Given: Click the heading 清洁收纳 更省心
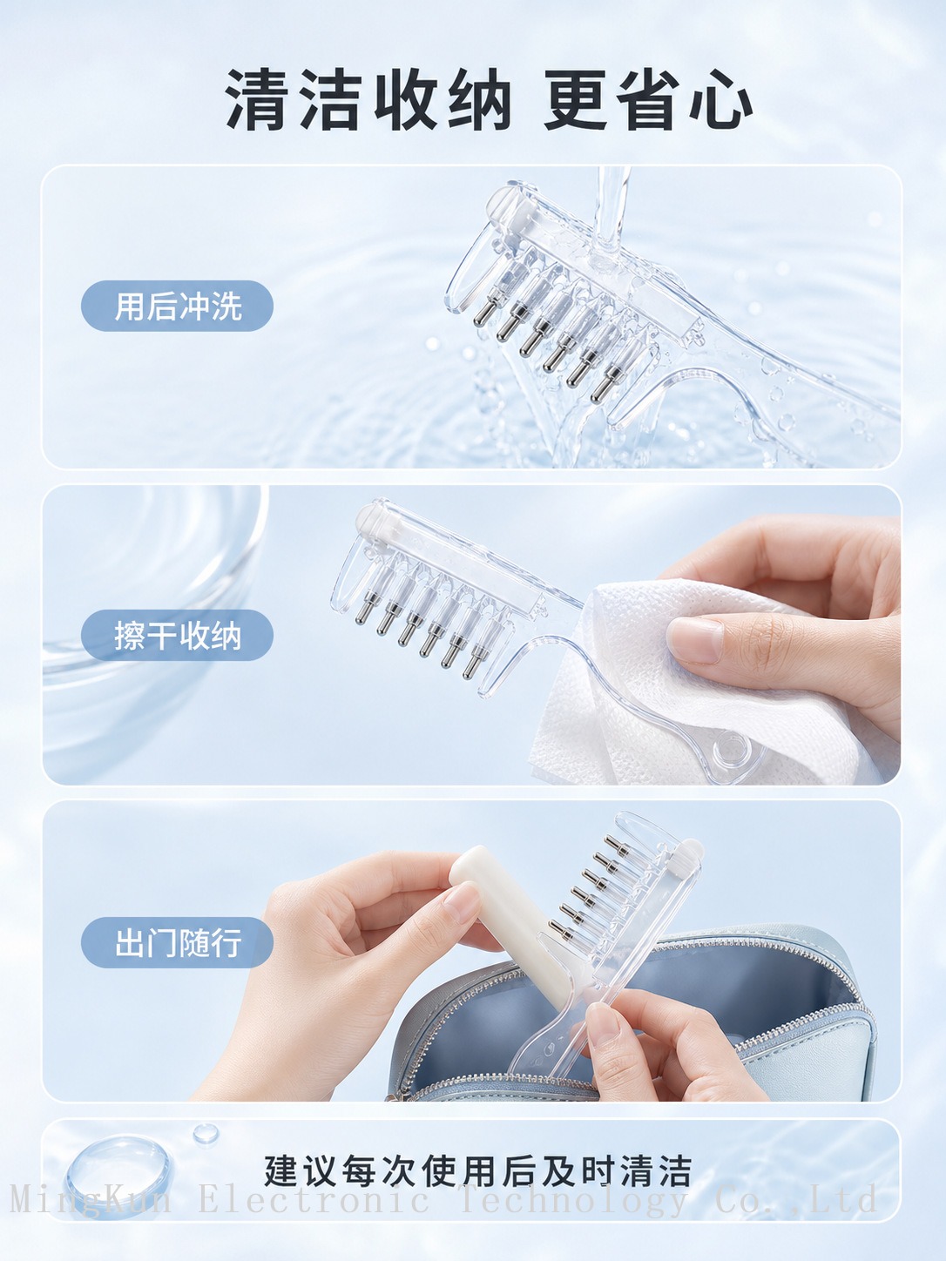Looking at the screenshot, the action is pyautogui.click(x=488, y=100).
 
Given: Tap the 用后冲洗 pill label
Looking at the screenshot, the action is pyautogui.click(x=177, y=306).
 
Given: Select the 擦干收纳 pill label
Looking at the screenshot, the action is pyautogui.click(x=177, y=635).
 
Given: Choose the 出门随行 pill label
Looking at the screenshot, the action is pyautogui.click(x=177, y=943).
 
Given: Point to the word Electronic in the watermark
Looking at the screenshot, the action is pyautogui.click(x=314, y=1198).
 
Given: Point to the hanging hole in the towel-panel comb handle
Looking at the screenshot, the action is pyautogui.click(x=730, y=748).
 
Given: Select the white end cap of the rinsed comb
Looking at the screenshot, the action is pyautogui.click(x=508, y=210).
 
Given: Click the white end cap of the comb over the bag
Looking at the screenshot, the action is pyautogui.click(x=689, y=853).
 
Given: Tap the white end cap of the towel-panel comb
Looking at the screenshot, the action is pyautogui.click(x=374, y=521).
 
